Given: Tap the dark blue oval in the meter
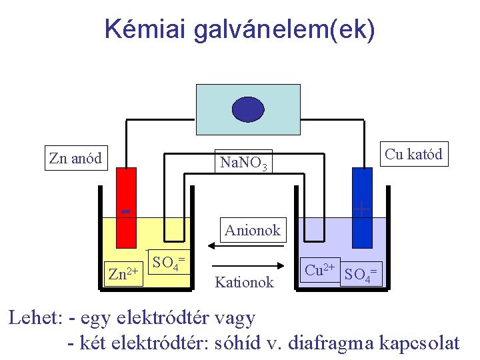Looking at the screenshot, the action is (x=248, y=110).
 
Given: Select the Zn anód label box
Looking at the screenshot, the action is (x=75, y=158).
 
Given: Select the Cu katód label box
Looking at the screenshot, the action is (x=413, y=154).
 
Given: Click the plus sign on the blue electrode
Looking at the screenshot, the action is (x=361, y=209).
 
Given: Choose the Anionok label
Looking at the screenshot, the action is (x=253, y=231).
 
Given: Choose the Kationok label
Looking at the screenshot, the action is (x=244, y=282).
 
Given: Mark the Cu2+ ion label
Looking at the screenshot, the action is (x=320, y=269).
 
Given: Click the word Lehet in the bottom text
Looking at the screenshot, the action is (x=34, y=318).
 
